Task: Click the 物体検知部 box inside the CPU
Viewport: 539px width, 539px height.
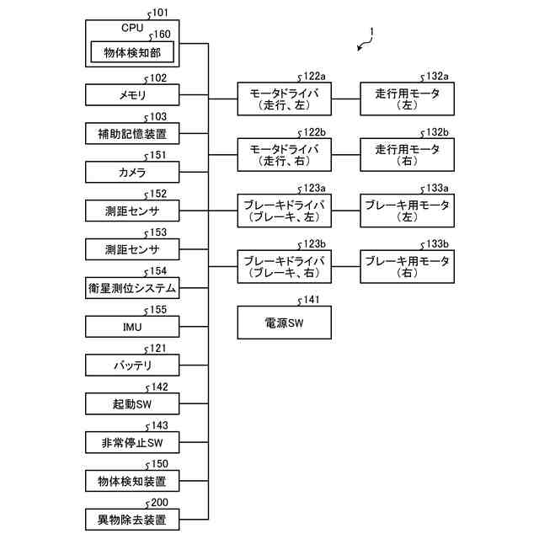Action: [x=132, y=52]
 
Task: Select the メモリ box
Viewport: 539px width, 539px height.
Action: [x=132, y=95]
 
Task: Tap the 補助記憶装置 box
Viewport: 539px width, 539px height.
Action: [x=132, y=133]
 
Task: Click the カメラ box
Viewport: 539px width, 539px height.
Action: [x=132, y=172]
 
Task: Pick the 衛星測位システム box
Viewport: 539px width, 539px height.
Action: [x=132, y=288]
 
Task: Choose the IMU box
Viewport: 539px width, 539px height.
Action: [x=132, y=327]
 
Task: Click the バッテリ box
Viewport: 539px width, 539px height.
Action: [x=132, y=365]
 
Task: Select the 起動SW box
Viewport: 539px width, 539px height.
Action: [x=132, y=403]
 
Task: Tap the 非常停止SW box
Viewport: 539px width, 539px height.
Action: [x=132, y=442]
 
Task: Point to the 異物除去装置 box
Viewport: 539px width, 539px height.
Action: [x=132, y=520]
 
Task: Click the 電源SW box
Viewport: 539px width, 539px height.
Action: [x=285, y=323]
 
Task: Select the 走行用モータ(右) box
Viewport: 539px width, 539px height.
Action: [x=407, y=155]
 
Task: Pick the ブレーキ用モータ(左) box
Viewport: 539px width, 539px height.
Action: [x=407, y=211]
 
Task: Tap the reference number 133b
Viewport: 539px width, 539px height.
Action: [x=437, y=243]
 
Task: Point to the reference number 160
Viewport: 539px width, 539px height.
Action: [x=162, y=34]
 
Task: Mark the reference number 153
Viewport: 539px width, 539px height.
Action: [x=158, y=232]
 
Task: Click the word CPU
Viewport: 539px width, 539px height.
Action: [x=132, y=28]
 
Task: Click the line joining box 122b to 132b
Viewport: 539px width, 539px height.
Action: [x=346, y=155]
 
